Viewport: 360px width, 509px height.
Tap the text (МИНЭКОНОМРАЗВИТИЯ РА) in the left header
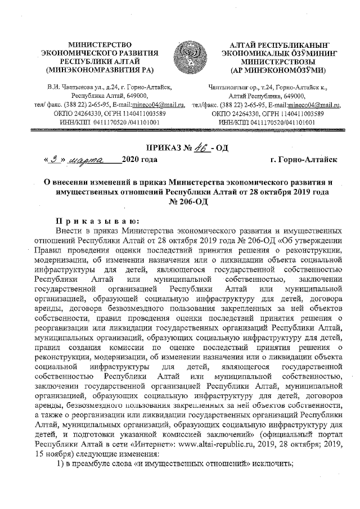coord(99,70)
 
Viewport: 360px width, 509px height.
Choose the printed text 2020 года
coord(139,160)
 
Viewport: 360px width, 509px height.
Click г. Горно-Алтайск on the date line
coord(303,160)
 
